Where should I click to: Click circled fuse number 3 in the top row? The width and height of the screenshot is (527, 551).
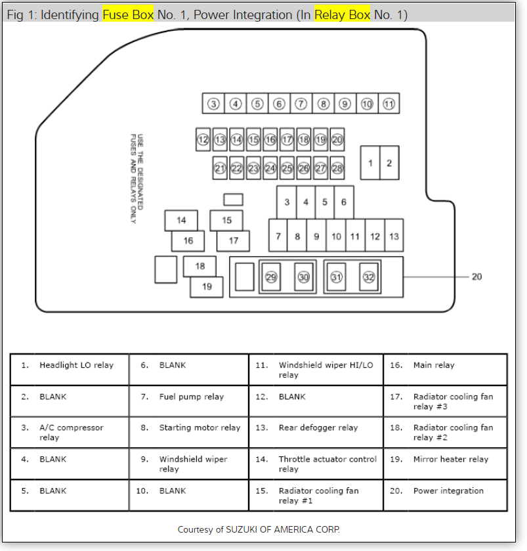[x=213, y=104]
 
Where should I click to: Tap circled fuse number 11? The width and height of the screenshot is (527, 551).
[x=389, y=104]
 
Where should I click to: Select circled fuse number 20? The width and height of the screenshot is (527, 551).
[x=337, y=139]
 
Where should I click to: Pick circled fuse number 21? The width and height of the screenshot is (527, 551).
[x=220, y=168]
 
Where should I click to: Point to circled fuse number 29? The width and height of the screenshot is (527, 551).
[x=271, y=277]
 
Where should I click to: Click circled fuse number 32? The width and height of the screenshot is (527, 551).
[x=369, y=277]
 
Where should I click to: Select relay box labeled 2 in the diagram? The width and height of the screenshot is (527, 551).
[x=389, y=163]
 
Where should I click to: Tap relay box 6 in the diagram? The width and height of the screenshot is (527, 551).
[x=343, y=202]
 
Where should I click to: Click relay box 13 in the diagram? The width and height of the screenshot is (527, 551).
[x=393, y=236]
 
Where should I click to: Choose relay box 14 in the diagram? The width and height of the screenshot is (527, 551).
[x=181, y=221]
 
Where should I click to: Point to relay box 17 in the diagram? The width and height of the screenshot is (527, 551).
[x=234, y=241]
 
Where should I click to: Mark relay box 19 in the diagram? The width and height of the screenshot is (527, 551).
[x=207, y=286]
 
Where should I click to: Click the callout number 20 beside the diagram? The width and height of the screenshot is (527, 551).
[x=476, y=276]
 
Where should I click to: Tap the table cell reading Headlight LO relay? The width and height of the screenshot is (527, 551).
[x=76, y=365]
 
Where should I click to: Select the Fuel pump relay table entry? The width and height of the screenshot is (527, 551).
[x=191, y=397]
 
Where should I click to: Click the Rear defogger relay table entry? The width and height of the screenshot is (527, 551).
[x=318, y=428]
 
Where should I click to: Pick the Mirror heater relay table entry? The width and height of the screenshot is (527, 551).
[x=451, y=459]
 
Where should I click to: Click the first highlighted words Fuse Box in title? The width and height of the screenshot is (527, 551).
[x=127, y=14]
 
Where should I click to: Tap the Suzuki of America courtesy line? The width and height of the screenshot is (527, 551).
[x=259, y=529]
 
